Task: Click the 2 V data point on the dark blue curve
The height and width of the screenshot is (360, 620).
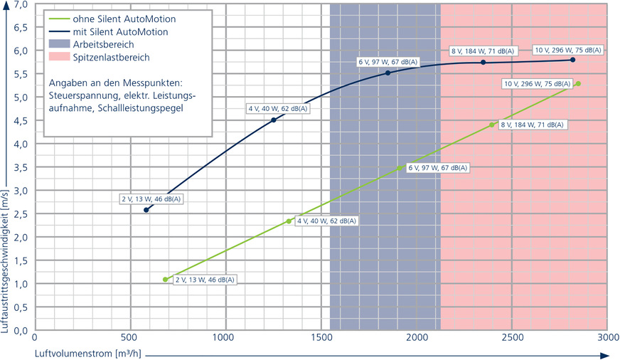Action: coord(146,210)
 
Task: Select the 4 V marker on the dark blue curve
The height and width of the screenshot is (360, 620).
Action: coord(274,120)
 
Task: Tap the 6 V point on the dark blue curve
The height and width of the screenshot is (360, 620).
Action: coord(387,73)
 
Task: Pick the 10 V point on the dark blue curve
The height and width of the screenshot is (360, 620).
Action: coord(572,60)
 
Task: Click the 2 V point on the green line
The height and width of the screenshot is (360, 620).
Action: coord(166,280)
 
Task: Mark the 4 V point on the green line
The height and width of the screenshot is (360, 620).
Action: coord(289,221)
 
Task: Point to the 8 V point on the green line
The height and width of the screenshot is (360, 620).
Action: coord(491,125)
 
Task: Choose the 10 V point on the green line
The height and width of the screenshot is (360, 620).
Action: coord(578,84)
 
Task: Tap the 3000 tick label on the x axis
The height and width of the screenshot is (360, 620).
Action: coord(606,337)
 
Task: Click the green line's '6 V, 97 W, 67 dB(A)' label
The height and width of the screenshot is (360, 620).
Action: coord(437,168)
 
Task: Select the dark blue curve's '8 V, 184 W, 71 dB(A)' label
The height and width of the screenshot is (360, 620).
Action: coord(480,51)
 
